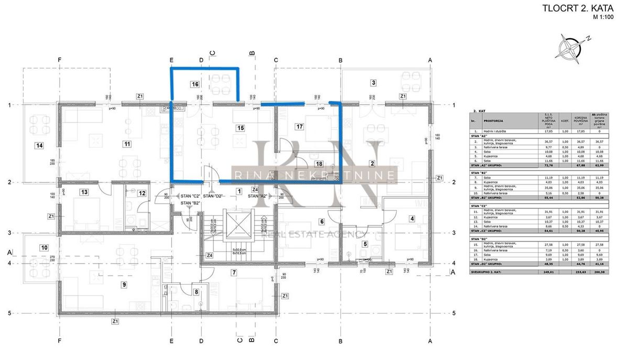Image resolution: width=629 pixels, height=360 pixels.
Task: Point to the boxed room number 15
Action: click(x=241, y=127)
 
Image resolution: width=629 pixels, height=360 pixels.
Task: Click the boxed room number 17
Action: click(x=300, y=127)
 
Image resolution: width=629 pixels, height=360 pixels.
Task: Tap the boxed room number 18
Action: click(x=320, y=164)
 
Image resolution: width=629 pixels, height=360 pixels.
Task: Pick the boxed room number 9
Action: click(x=124, y=285)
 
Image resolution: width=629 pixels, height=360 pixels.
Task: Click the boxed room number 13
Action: click(x=84, y=192)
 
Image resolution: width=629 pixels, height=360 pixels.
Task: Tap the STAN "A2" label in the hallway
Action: click(x=258, y=195)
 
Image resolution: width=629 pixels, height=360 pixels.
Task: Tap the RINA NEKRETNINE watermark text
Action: click(x=314, y=174)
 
